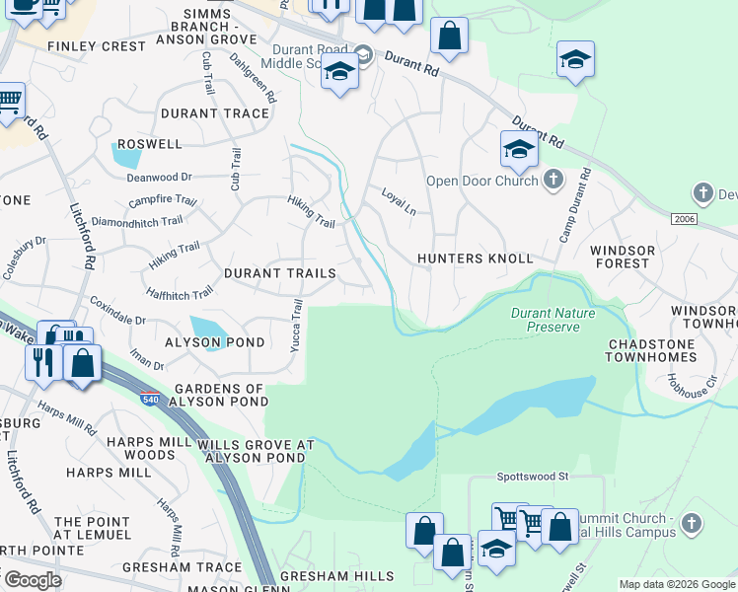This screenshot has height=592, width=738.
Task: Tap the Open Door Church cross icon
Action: point(553,180)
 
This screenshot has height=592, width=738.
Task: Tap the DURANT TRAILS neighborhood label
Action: point(280,272)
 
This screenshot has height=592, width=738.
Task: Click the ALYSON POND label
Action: point(215,342)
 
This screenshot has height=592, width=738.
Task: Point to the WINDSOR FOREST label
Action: point(623,258)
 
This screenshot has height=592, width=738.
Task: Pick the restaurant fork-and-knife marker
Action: point(43,362)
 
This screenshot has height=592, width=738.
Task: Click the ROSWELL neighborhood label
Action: point(149,143)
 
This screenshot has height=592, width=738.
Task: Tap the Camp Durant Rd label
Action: point(575,203)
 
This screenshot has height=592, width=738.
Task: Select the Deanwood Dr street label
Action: point(159,178)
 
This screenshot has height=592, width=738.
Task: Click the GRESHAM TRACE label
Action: point(182,567)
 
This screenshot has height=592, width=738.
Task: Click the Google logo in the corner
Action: point(32,580)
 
